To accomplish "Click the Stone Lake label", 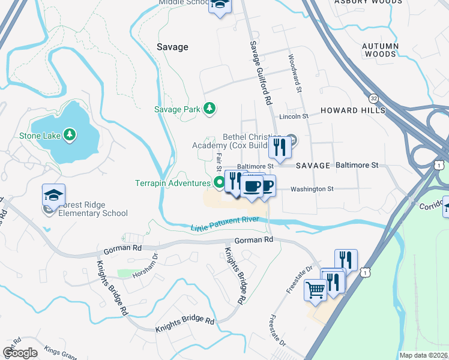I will (x=40, y=135).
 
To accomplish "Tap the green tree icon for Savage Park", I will (x=209, y=109).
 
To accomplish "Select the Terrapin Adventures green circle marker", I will (x=220, y=182).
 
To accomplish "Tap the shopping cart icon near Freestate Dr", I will (x=315, y=290).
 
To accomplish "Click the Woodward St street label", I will (x=295, y=74).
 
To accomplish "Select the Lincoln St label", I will (x=294, y=116).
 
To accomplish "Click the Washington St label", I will (x=312, y=189).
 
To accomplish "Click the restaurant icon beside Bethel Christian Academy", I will (x=280, y=146).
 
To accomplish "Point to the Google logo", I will (x=20, y=352).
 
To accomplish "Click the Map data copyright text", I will (x=424, y=355).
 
